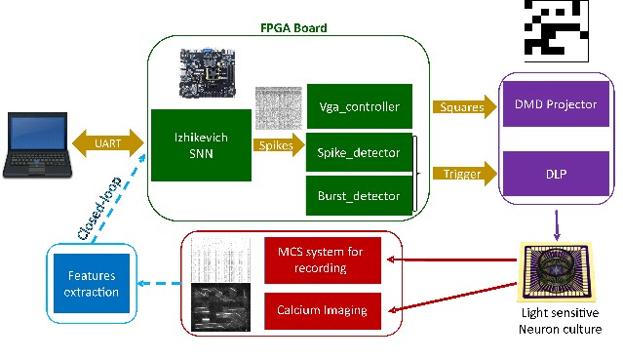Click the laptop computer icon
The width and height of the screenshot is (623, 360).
point(37,144)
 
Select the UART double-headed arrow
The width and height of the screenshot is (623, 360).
point(108,143)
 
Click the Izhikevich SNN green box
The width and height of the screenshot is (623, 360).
point(201,145)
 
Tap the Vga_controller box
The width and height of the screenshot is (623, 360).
point(360,106)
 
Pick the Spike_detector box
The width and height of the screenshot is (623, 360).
point(359,152)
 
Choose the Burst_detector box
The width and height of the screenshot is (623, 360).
point(359,195)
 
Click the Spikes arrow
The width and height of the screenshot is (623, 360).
point(279,145)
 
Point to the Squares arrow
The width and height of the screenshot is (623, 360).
point(464,106)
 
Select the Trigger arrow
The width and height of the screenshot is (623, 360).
point(464,174)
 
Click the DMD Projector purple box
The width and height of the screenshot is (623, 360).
point(556,103)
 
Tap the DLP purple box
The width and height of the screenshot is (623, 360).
point(556,174)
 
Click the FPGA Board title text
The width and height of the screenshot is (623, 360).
point(293,28)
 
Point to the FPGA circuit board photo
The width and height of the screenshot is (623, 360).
point(207,73)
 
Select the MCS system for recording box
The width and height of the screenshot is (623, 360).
point(323,260)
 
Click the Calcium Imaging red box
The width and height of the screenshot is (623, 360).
point(323,310)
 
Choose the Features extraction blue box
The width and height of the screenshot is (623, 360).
point(92,283)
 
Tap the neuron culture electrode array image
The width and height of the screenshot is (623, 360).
point(557,272)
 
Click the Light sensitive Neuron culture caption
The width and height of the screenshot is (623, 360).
point(560,321)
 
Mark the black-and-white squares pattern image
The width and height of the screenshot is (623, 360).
point(557,30)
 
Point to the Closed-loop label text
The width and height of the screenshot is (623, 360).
point(99,209)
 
